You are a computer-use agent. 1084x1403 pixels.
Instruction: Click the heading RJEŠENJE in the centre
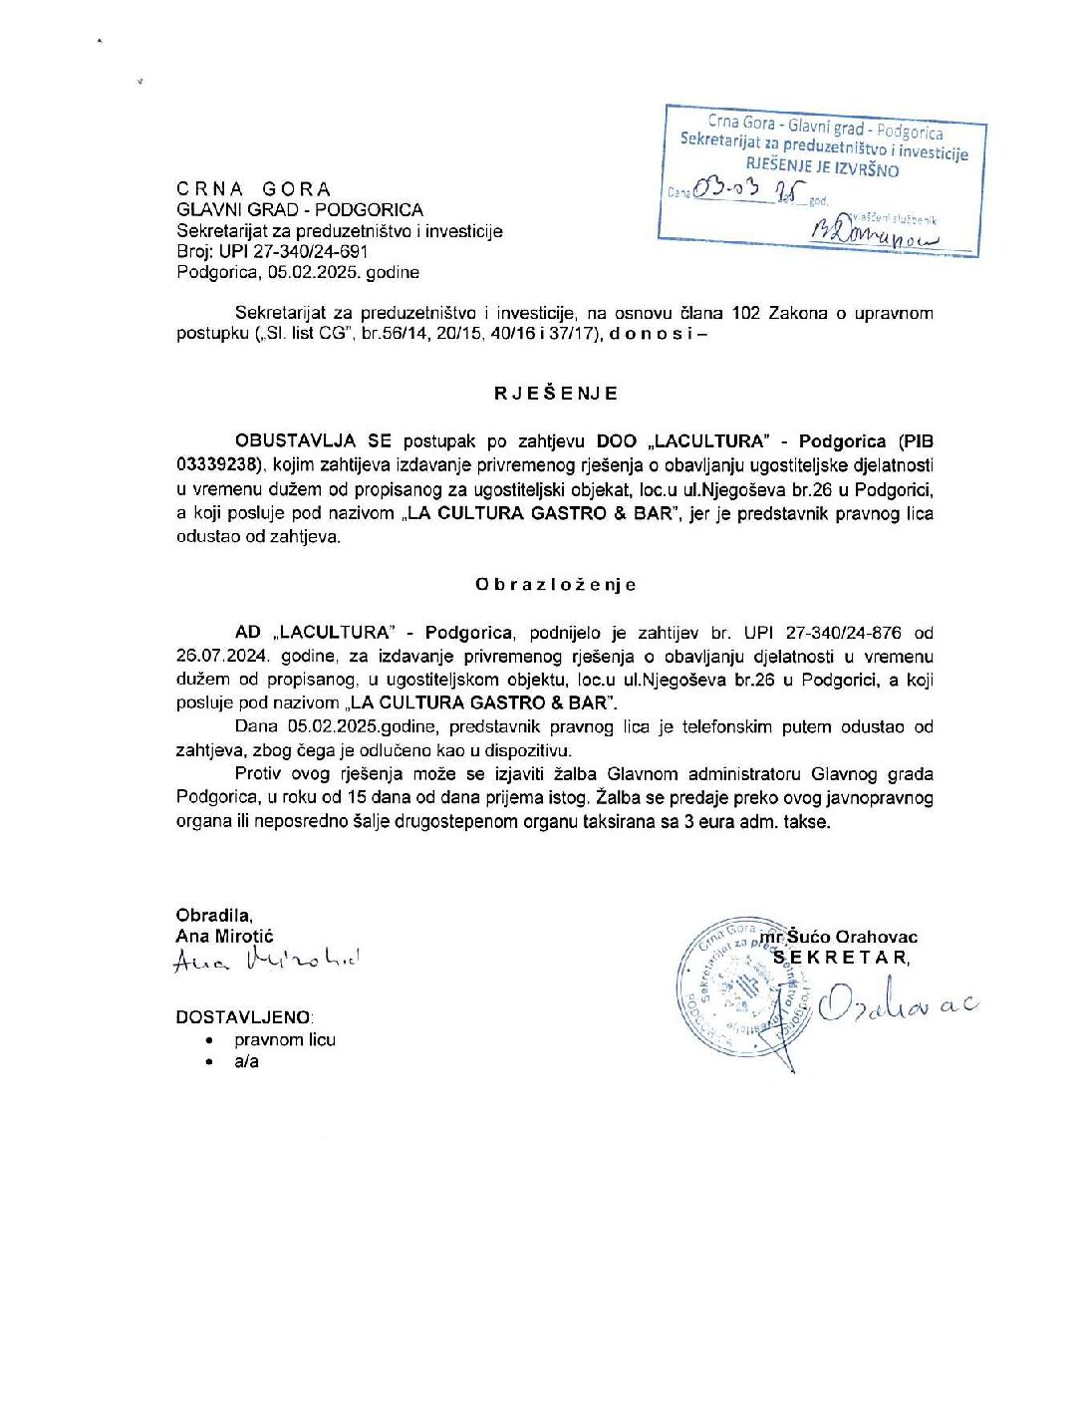coord(556,394)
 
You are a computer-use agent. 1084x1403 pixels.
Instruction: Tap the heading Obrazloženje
coord(555,585)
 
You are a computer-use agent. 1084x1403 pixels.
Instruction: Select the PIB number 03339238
coord(218,465)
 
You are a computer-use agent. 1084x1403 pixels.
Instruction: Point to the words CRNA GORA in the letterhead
coord(254,189)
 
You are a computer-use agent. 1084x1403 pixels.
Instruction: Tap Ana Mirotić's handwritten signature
coord(267,961)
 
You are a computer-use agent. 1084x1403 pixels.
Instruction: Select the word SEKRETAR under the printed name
coord(842,958)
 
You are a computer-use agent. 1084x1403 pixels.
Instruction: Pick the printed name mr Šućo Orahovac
coord(839,937)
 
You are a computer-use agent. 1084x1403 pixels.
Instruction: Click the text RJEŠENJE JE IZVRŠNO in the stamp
coord(822,168)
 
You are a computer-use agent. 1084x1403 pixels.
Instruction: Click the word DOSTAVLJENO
coord(244,1017)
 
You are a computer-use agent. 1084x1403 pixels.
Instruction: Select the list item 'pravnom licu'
coord(285,1039)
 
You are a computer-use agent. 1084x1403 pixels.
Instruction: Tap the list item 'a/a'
coord(246,1061)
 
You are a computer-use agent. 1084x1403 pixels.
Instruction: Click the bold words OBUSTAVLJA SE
coord(313,441)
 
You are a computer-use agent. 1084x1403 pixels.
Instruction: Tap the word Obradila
coord(214,915)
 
